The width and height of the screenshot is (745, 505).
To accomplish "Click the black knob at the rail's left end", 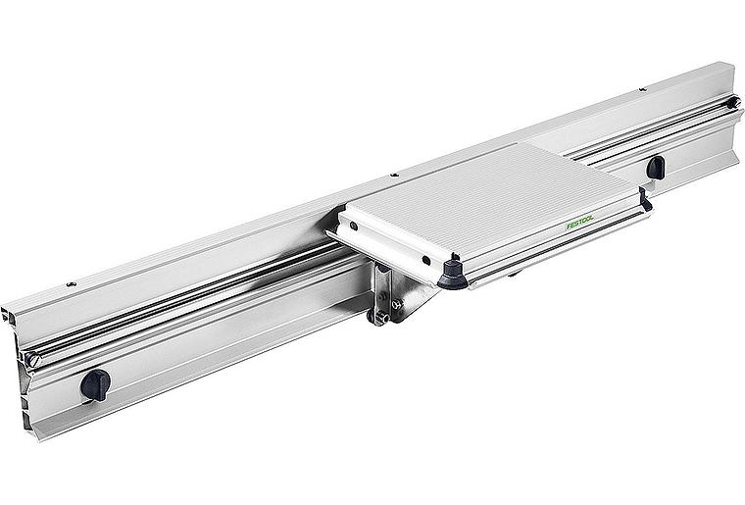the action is tap(95, 384).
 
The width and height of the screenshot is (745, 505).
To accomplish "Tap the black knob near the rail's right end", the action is tap(656, 168).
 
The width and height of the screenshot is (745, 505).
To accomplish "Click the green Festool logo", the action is tap(579, 222).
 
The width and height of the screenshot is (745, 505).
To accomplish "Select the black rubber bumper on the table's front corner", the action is tap(452, 276).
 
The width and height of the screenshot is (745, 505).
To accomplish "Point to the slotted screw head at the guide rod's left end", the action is tap(32, 360).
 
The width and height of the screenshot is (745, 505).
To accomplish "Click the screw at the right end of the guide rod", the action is tap(734, 102).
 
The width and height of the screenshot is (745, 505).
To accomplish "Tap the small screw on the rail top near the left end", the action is tap(72, 284).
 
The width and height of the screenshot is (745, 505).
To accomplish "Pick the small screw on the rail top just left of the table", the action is tap(394, 176).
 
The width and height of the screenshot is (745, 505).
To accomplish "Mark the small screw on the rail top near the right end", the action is tap(643, 89).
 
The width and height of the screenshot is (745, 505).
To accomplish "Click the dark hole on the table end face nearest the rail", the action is tap(354, 227).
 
